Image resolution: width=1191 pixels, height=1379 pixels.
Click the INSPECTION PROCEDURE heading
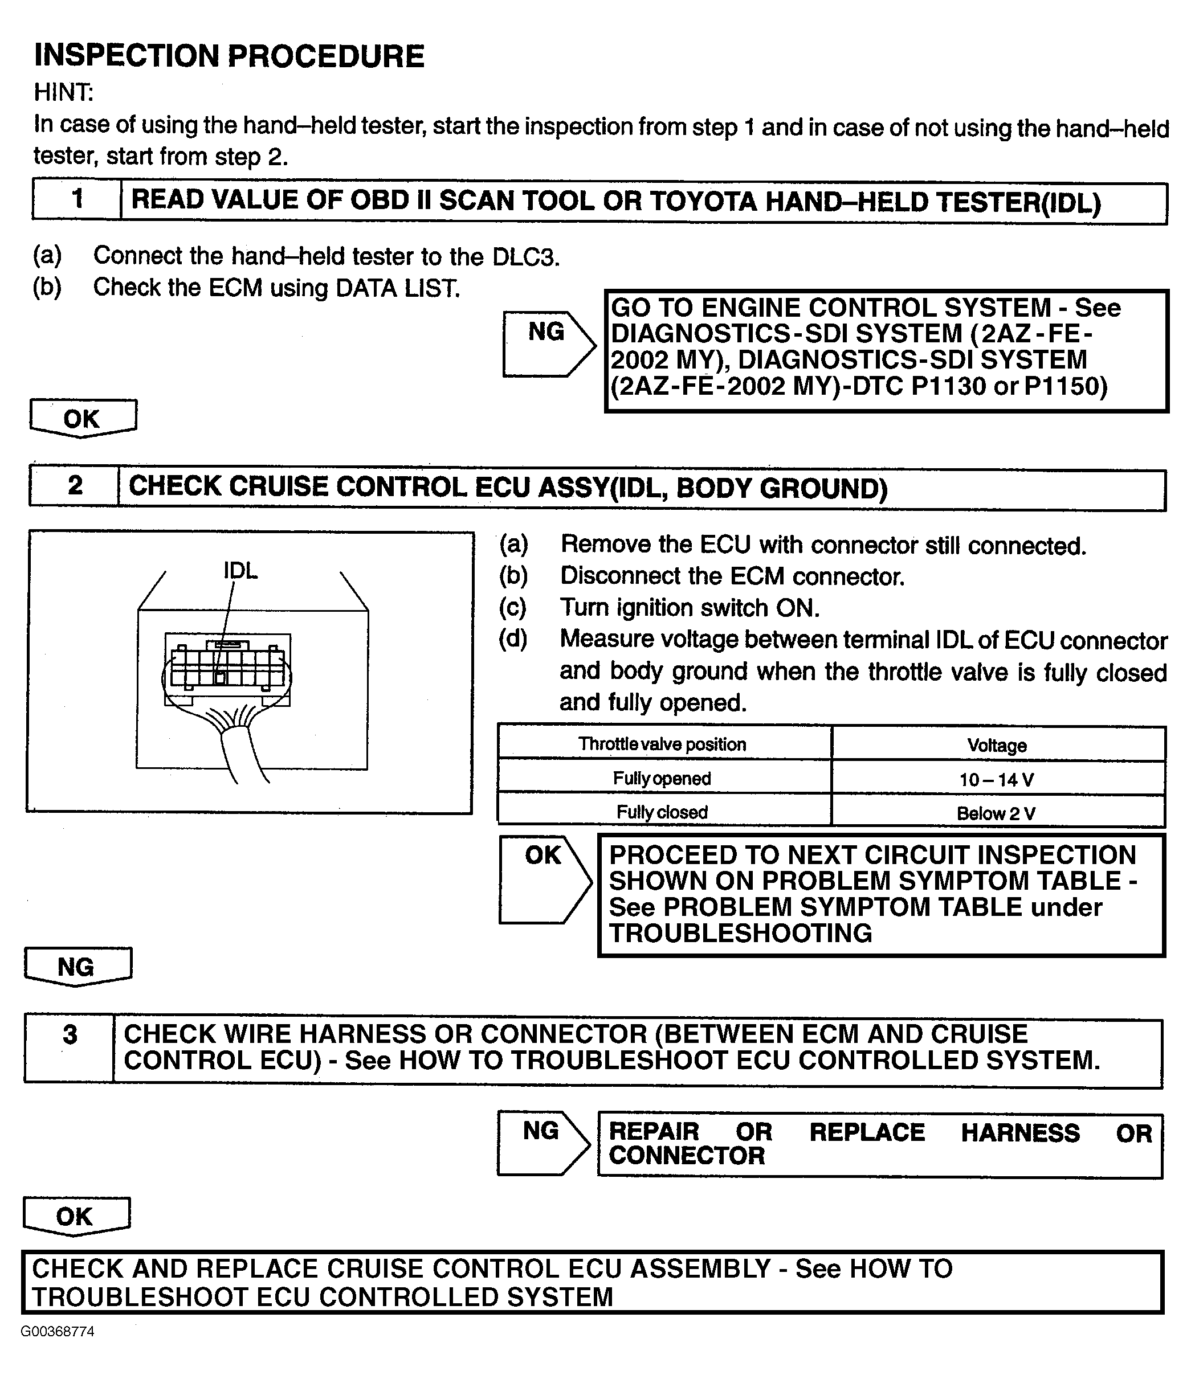click(x=229, y=55)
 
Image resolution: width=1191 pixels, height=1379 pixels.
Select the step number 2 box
click(x=74, y=486)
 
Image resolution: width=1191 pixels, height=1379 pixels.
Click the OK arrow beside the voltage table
click(x=545, y=879)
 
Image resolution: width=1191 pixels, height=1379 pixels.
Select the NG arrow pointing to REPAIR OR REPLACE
click(x=543, y=1142)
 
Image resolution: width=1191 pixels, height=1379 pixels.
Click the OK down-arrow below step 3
click(x=76, y=1217)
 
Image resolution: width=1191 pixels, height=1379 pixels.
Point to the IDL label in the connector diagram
click(x=240, y=570)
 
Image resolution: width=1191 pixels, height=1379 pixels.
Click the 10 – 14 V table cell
click(x=998, y=778)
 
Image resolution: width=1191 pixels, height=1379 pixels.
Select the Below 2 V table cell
click(x=998, y=811)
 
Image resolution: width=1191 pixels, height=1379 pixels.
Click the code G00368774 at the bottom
click(x=58, y=1331)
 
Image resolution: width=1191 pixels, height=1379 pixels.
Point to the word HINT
click(x=64, y=92)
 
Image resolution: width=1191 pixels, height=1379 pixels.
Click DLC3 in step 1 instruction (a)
click(x=526, y=257)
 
